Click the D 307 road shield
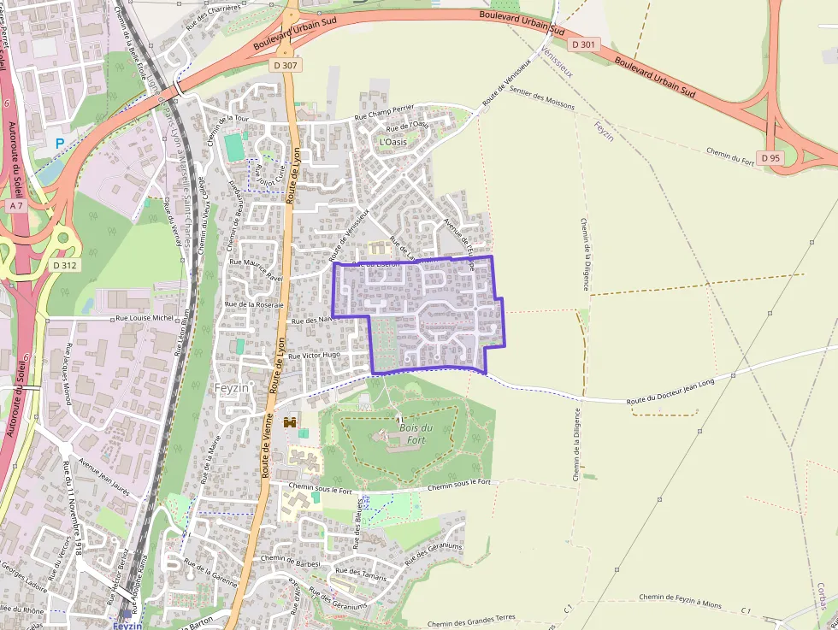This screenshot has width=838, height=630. (x=286, y=65)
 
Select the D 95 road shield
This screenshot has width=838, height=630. (x=770, y=157)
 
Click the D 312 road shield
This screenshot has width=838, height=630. (x=64, y=265)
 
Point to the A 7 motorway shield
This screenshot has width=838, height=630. (x=16, y=206)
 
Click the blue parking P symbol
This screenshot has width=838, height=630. (x=60, y=144)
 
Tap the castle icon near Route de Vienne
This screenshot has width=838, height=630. (x=290, y=421)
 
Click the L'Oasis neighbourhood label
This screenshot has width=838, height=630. (x=392, y=142)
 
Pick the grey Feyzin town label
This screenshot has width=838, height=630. (x=231, y=387)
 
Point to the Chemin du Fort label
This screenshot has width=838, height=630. (x=730, y=155)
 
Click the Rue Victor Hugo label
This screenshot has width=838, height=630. (x=314, y=355)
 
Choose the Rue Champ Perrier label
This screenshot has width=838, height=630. (x=383, y=111)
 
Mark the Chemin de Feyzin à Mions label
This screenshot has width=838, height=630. (x=679, y=602)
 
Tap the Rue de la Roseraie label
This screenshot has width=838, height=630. (x=253, y=304)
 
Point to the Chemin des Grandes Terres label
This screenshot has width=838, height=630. (x=471, y=621)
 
